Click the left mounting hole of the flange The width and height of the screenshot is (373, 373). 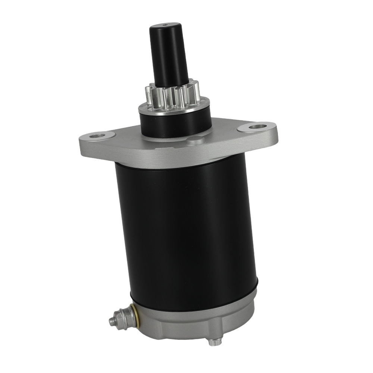pyautogui.click(x=98, y=135)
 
